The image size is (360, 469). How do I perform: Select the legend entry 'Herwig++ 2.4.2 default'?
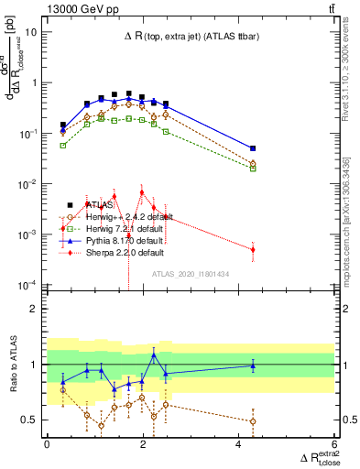[x=117, y=216]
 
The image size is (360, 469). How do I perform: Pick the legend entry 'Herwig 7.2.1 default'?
[x=115, y=228]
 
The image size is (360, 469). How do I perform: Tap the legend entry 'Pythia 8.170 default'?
[x=115, y=240]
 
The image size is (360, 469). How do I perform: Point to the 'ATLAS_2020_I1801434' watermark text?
[x=191, y=274]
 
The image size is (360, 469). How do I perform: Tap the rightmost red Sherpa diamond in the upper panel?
[x=253, y=249]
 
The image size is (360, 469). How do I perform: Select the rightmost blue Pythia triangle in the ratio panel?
[x=253, y=365]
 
